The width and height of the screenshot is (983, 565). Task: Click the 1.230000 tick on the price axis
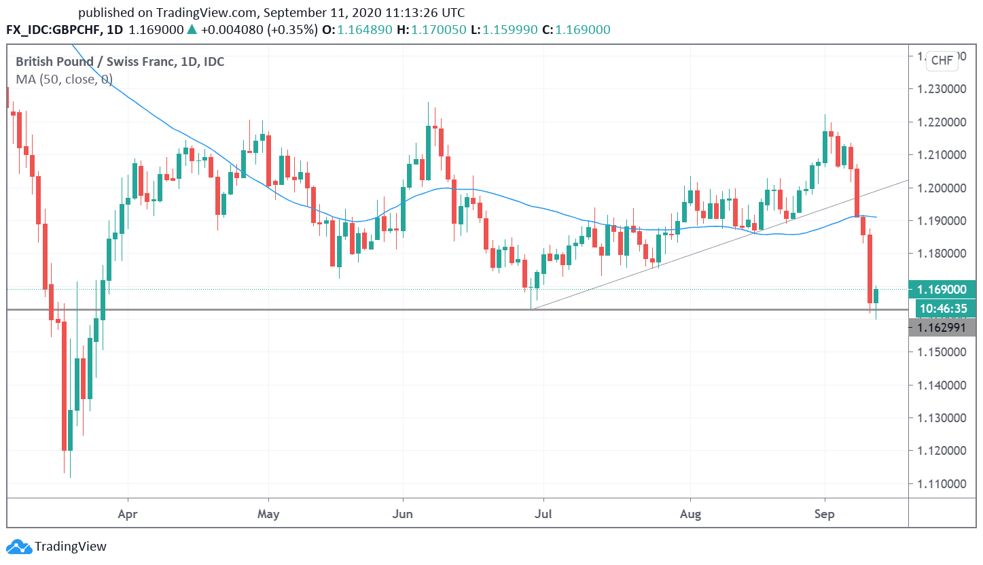[x=942, y=89]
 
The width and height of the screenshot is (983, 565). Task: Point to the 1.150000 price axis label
[x=942, y=352]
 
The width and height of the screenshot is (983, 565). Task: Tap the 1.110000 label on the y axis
[x=942, y=483]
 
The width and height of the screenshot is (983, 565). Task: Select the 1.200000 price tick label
[x=942, y=188]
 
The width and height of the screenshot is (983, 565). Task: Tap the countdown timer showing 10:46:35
[x=943, y=309]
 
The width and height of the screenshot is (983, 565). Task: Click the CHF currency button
[x=942, y=61]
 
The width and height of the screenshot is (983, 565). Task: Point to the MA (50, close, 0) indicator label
[x=64, y=79]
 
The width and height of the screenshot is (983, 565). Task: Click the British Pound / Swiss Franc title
[x=120, y=62]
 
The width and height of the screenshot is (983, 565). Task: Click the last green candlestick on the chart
[x=876, y=296]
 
